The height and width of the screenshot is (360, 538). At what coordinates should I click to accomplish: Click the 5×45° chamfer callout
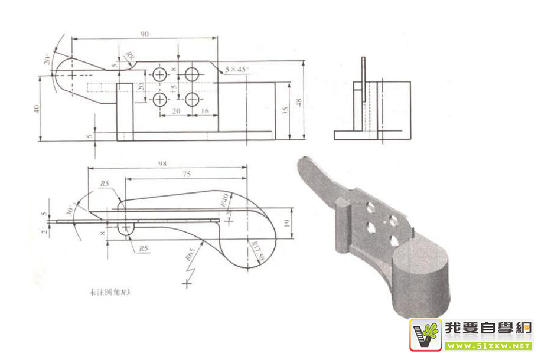point(237,69)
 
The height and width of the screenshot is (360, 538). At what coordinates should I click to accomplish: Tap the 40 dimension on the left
point(37,109)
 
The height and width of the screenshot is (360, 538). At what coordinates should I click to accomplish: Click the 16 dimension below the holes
point(205,110)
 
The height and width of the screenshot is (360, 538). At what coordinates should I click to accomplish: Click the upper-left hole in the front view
point(160,74)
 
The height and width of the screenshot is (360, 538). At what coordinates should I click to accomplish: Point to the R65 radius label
point(190,256)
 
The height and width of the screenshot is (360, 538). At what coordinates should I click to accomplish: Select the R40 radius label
point(224,199)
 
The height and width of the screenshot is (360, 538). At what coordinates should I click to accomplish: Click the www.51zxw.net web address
point(488,345)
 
